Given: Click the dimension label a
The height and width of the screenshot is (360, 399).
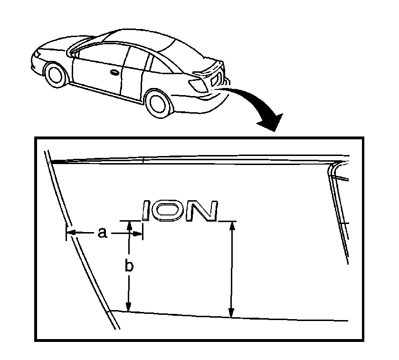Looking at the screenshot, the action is [x=102, y=233].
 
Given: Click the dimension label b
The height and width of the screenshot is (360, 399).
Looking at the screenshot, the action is [x=129, y=266].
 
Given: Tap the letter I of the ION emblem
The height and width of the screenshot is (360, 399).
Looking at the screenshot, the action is [x=146, y=210].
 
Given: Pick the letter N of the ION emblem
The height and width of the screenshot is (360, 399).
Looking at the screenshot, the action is [x=202, y=211].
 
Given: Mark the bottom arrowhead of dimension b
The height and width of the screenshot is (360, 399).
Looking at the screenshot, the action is [x=129, y=306].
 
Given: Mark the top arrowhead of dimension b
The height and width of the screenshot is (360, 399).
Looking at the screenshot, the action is [x=129, y=226].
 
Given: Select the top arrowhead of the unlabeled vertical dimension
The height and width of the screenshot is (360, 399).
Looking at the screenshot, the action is [x=232, y=226].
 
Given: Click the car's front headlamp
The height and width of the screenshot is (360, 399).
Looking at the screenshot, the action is [x=38, y=54].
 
